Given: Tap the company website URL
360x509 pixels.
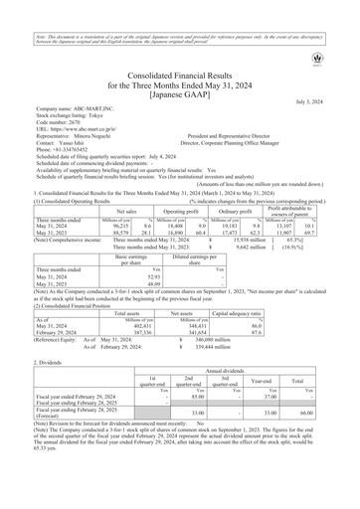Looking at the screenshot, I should tap(79, 102).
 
